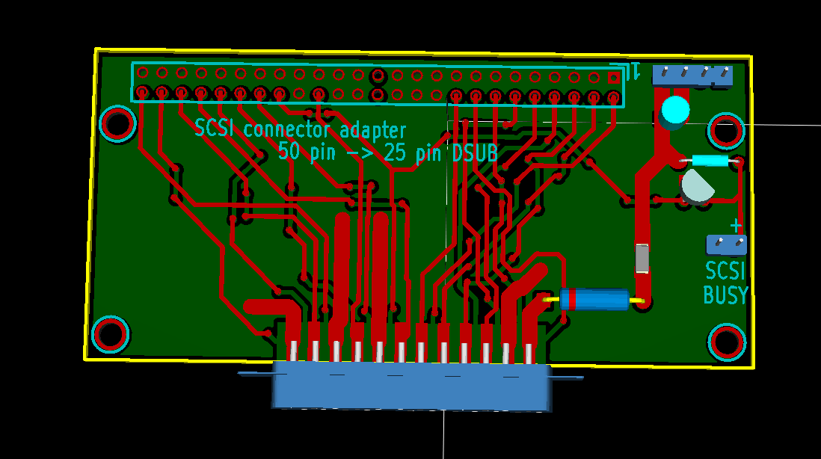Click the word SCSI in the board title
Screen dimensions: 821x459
(214, 128)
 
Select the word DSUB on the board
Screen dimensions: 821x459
(474, 153)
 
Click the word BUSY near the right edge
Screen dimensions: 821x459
(725, 296)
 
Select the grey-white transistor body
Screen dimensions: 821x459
(696, 186)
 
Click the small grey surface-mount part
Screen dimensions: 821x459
(642, 259)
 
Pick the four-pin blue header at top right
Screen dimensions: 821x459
(692, 76)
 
